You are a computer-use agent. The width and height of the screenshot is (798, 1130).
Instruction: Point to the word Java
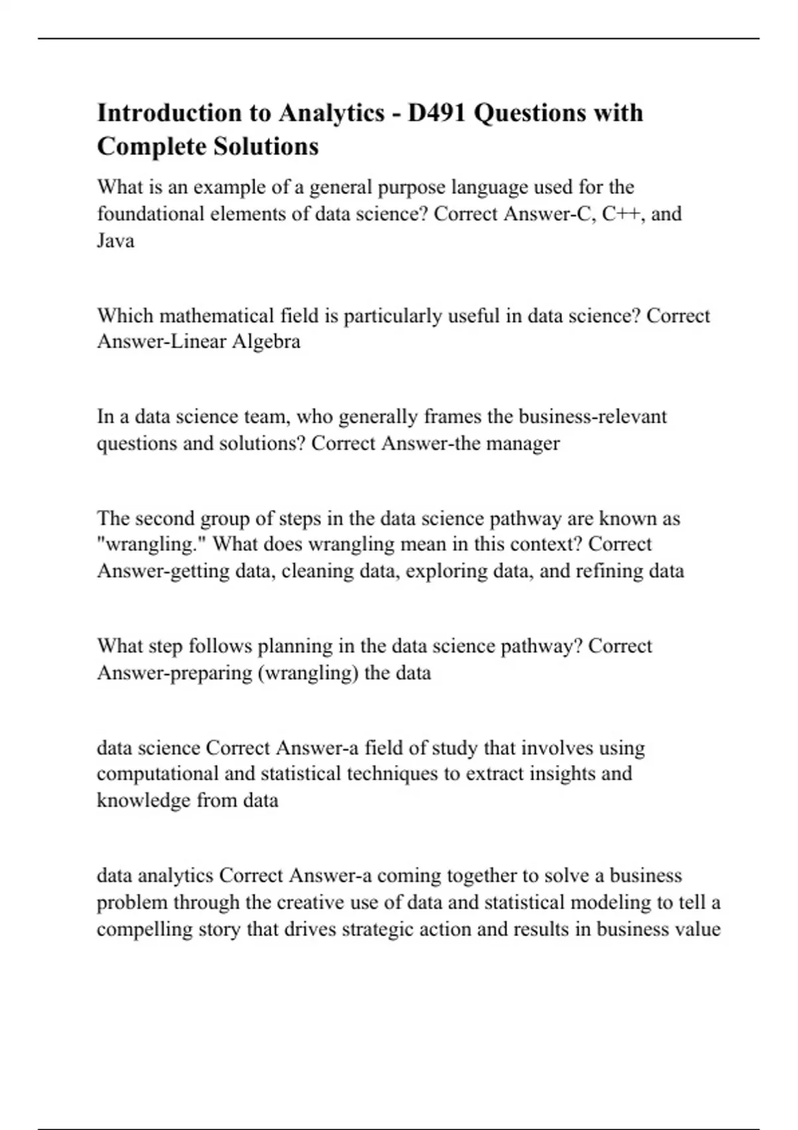116,241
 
